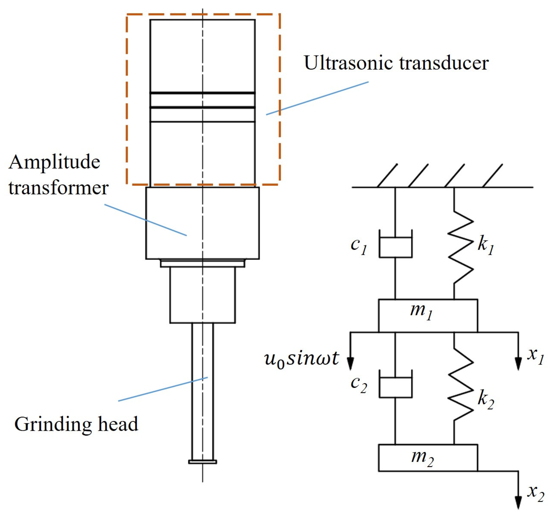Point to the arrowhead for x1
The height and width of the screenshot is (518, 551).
click(x=518, y=364)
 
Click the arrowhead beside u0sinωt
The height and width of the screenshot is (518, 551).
click(x=350, y=364)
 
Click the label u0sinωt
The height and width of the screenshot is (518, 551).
click(x=301, y=359)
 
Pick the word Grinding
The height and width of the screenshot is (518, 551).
click(x=52, y=424)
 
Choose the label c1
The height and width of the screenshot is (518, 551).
click(x=359, y=246)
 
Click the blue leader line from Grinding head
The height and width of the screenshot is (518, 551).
click(x=163, y=389)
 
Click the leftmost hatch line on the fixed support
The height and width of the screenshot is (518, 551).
click(x=387, y=176)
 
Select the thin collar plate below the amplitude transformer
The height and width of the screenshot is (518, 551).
click(x=203, y=263)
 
